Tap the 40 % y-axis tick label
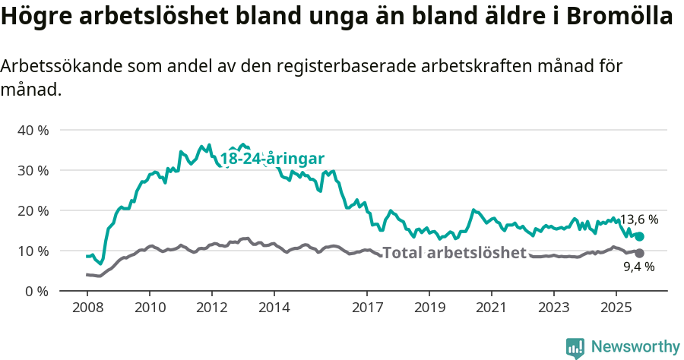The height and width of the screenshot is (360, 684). pos(33,130)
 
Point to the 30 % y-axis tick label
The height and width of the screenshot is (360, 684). pos(33,170)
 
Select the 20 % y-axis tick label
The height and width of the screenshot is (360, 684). pos(33,210)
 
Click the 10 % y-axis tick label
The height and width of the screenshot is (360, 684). pos(33,251)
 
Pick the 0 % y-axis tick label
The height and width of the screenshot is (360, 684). pos(36,291)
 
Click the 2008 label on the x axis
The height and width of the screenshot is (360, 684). pos(87,308)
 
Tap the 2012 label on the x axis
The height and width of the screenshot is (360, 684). pos(211,308)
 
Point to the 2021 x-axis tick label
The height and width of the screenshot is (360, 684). pos(490,308)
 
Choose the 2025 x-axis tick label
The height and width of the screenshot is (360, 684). pos(615,308)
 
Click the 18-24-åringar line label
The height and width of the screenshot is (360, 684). pos(272,159)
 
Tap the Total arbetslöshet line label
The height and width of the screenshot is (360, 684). pos(454,253)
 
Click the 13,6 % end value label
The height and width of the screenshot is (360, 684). pos(639,219)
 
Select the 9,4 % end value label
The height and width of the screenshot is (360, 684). pos(639,267)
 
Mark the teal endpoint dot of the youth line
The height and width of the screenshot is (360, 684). pos(639,237)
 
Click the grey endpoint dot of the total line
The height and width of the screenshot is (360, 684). pos(639,253)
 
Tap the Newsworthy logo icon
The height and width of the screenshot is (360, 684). pos(575,347)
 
